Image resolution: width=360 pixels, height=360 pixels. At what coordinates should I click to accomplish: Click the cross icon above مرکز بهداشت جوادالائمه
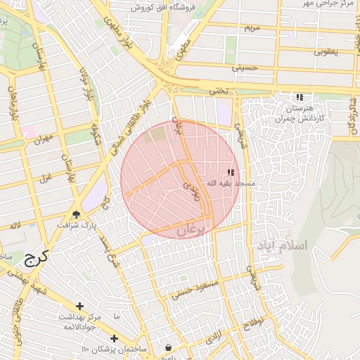79,306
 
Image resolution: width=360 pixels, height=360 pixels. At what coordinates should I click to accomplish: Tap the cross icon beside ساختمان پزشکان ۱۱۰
114,338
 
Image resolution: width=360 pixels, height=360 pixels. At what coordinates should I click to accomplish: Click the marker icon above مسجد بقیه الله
231,172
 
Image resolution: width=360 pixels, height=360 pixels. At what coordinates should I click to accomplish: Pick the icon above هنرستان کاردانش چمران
300,97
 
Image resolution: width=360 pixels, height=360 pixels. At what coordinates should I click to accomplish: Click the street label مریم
252,27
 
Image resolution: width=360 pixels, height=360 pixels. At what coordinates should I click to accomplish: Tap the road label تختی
215,91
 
